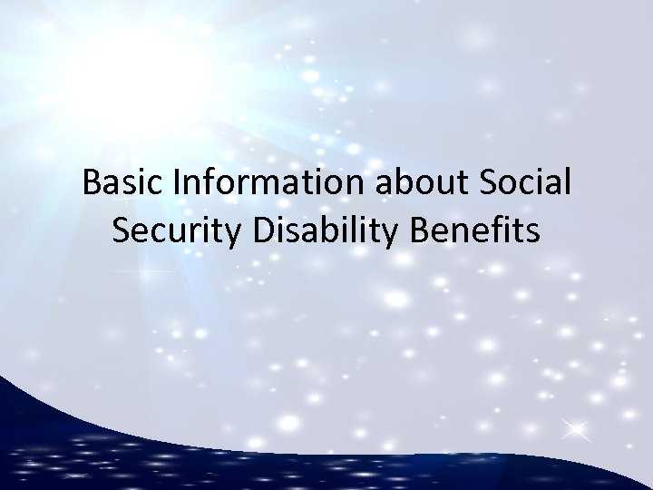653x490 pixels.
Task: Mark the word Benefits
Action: click(475, 230)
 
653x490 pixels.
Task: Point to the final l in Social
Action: click(567, 182)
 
